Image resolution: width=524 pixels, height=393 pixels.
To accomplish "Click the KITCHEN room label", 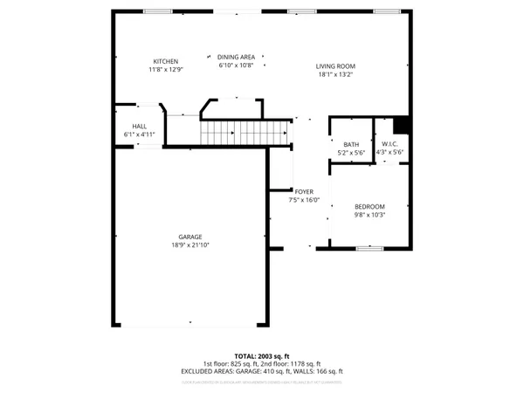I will (166, 61).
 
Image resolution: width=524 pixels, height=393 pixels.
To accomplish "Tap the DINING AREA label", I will (236, 57).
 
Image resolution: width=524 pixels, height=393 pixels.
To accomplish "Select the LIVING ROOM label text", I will (335, 66).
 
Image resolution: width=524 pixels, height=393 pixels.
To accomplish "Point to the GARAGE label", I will (190, 237).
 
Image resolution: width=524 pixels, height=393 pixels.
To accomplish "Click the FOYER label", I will (304, 192).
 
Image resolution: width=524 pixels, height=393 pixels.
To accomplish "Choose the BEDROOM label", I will (369, 206).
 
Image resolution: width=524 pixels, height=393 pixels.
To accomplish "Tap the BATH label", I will (351, 145).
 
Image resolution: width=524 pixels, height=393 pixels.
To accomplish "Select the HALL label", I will (139, 127).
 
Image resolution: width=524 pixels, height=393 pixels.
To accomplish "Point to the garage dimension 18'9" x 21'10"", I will (190, 245).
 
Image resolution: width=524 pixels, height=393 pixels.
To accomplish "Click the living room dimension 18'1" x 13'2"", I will (335, 74).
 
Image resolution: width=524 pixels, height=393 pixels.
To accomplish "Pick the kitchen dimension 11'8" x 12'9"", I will (166, 70).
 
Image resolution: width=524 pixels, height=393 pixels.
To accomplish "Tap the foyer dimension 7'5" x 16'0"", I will (304, 200).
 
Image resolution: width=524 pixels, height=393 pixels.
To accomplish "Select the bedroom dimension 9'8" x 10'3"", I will (369, 215).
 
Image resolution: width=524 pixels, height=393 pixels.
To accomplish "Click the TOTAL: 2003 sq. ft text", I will (261, 356).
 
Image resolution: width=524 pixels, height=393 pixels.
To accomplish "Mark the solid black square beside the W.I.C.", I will (402, 125).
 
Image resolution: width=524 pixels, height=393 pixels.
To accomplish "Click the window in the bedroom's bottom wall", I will (369, 249).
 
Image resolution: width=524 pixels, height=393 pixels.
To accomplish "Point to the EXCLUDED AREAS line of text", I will (261, 371).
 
